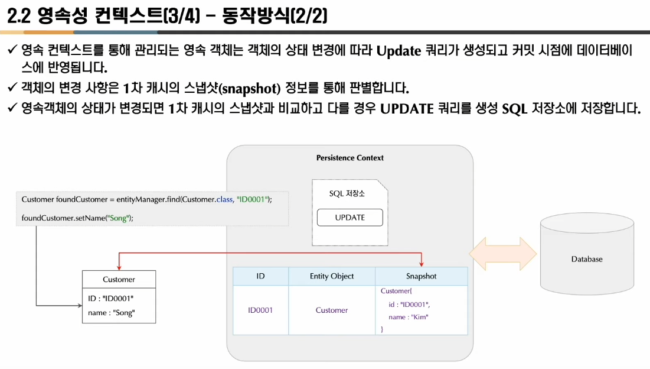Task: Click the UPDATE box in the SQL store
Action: click(350, 218)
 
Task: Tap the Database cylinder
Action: click(586, 259)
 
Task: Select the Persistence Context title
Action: click(350, 158)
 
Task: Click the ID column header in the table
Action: click(260, 276)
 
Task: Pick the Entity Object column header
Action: click(332, 276)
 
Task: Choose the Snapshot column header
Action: click(421, 276)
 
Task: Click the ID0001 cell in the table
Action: click(260, 310)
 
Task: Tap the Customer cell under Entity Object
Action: click(332, 310)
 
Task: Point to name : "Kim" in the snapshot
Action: click(409, 317)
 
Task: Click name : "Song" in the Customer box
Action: click(111, 313)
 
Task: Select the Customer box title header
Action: click(119, 279)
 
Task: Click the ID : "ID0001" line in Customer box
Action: click(111, 298)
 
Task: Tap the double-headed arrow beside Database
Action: click(502, 254)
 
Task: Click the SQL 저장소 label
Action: click(347, 194)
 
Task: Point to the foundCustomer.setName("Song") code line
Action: click(77, 218)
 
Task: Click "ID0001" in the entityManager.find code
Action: click(252, 199)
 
